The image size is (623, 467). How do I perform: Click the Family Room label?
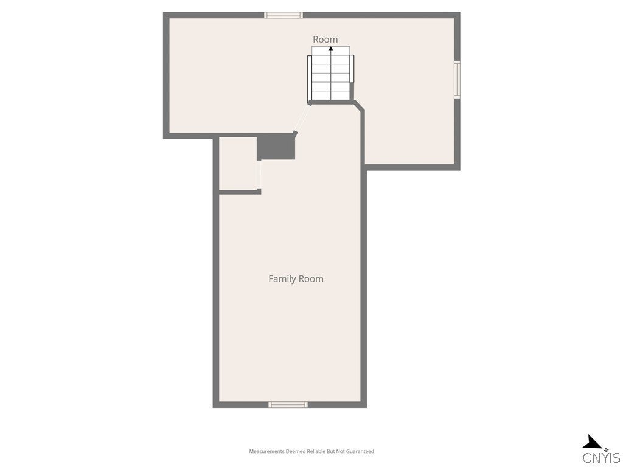[296, 278]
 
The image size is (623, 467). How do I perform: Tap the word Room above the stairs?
[325, 40]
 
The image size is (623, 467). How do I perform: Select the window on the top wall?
[284, 15]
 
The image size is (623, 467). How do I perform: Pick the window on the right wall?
[457, 79]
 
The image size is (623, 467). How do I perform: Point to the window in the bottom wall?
[288, 404]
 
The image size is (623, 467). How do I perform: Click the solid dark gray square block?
[276, 147]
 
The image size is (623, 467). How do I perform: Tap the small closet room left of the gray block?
[237, 163]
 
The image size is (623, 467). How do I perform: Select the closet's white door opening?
[259, 175]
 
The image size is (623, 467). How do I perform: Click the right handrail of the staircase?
[352, 73]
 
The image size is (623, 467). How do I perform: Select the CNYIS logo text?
[601, 458]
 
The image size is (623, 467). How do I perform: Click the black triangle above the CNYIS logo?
[591, 442]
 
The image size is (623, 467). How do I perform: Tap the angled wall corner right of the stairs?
[359, 106]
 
